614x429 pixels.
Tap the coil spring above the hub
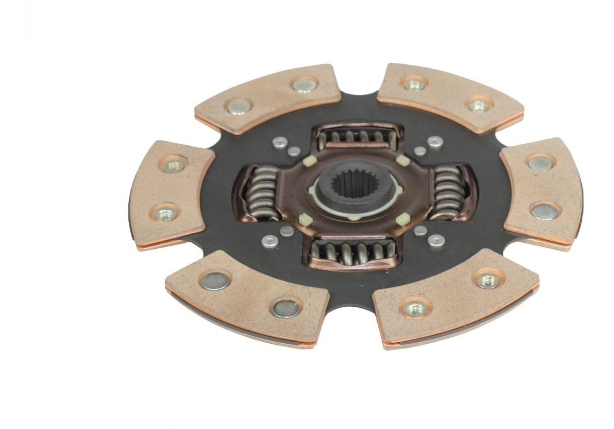click(357, 137)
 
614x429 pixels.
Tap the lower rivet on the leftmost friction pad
click(165, 213)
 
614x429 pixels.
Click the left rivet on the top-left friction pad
click(238, 106)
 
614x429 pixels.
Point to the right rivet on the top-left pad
click(305, 85)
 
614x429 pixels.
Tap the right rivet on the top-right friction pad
click(479, 105)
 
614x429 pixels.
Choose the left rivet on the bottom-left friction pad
click(215, 280)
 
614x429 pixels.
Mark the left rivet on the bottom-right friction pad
click(416, 308)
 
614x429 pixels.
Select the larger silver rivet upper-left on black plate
click(279, 142)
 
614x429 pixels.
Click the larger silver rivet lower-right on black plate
click(436, 241)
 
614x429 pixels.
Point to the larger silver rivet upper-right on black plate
click(435, 142)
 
